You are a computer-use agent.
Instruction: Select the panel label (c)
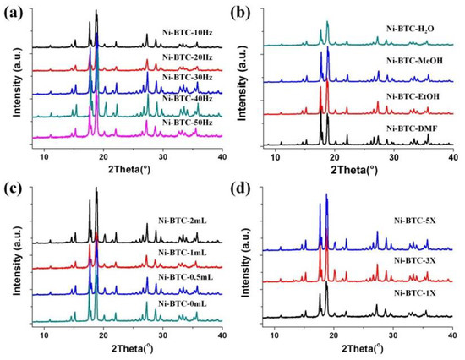[x=12, y=187]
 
